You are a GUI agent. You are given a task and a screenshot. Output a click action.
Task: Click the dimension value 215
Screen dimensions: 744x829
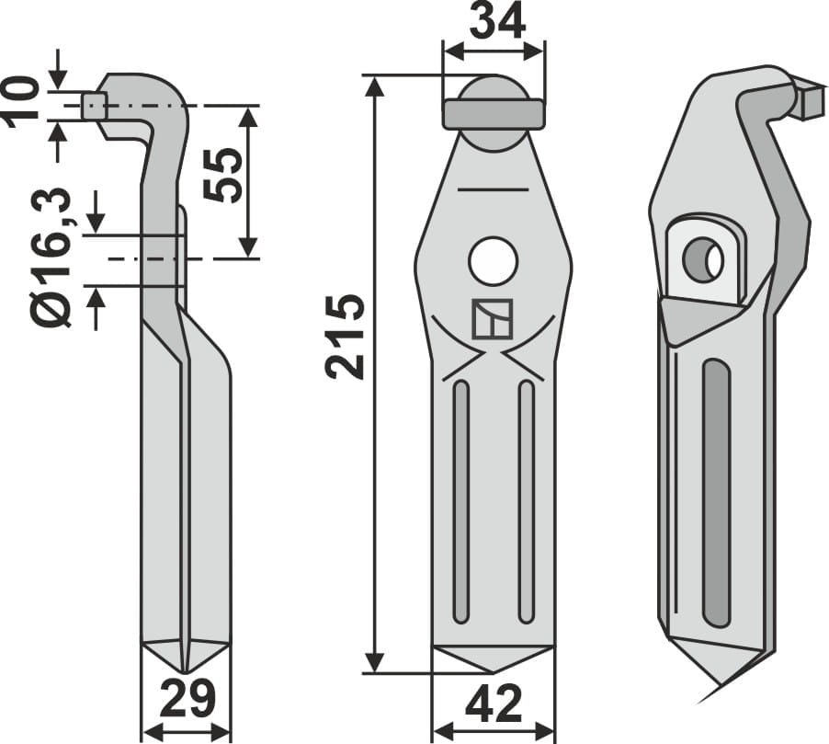click(346, 337)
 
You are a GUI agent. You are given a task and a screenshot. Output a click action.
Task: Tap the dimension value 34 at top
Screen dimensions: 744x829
click(496, 20)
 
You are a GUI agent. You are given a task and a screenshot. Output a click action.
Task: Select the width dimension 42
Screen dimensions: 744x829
click(494, 706)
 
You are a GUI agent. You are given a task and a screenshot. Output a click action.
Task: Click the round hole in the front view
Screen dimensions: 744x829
click(493, 261)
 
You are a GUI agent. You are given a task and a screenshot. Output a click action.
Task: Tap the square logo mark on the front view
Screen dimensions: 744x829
click(492, 319)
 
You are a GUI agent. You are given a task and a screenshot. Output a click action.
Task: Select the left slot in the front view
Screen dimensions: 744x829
click(461, 501)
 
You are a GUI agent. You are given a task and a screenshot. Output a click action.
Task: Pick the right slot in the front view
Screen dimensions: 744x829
click(526, 501)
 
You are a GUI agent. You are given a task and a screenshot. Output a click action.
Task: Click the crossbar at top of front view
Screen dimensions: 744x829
click(494, 114)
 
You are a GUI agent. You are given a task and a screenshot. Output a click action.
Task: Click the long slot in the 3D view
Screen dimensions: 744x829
click(716, 492)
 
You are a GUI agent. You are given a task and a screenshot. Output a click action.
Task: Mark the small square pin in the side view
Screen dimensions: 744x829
click(94, 106)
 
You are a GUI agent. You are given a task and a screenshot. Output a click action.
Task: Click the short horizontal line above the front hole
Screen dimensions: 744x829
click(493, 189)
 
